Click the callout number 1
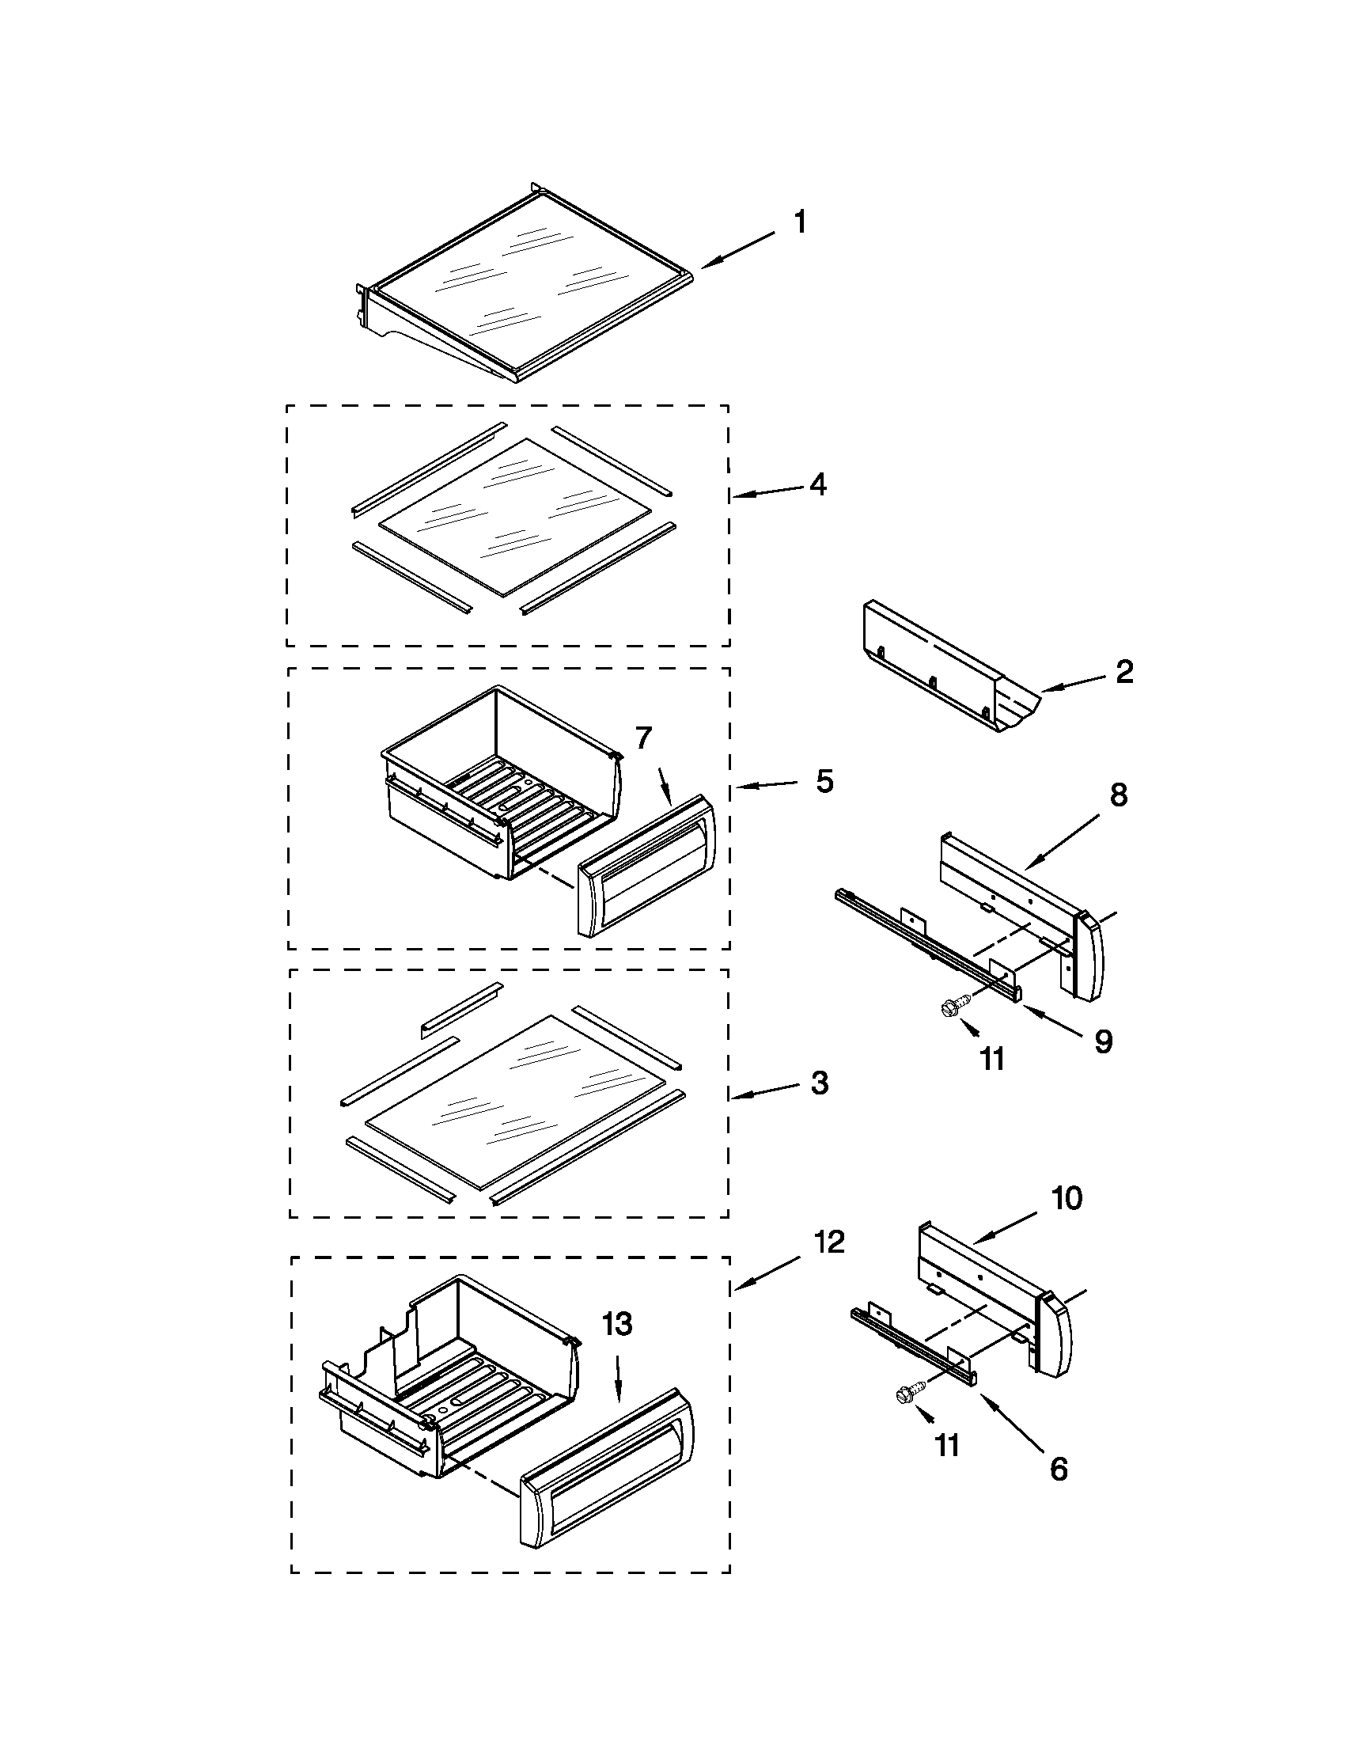point(800,222)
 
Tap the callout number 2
point(1123,672)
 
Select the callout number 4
point(817,484)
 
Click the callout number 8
point(1119,795)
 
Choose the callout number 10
point(1067,1220)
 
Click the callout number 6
point(1058,1470)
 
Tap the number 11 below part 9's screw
point(992,1059)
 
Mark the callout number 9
point(1103,1041)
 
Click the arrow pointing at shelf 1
point(737,248)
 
